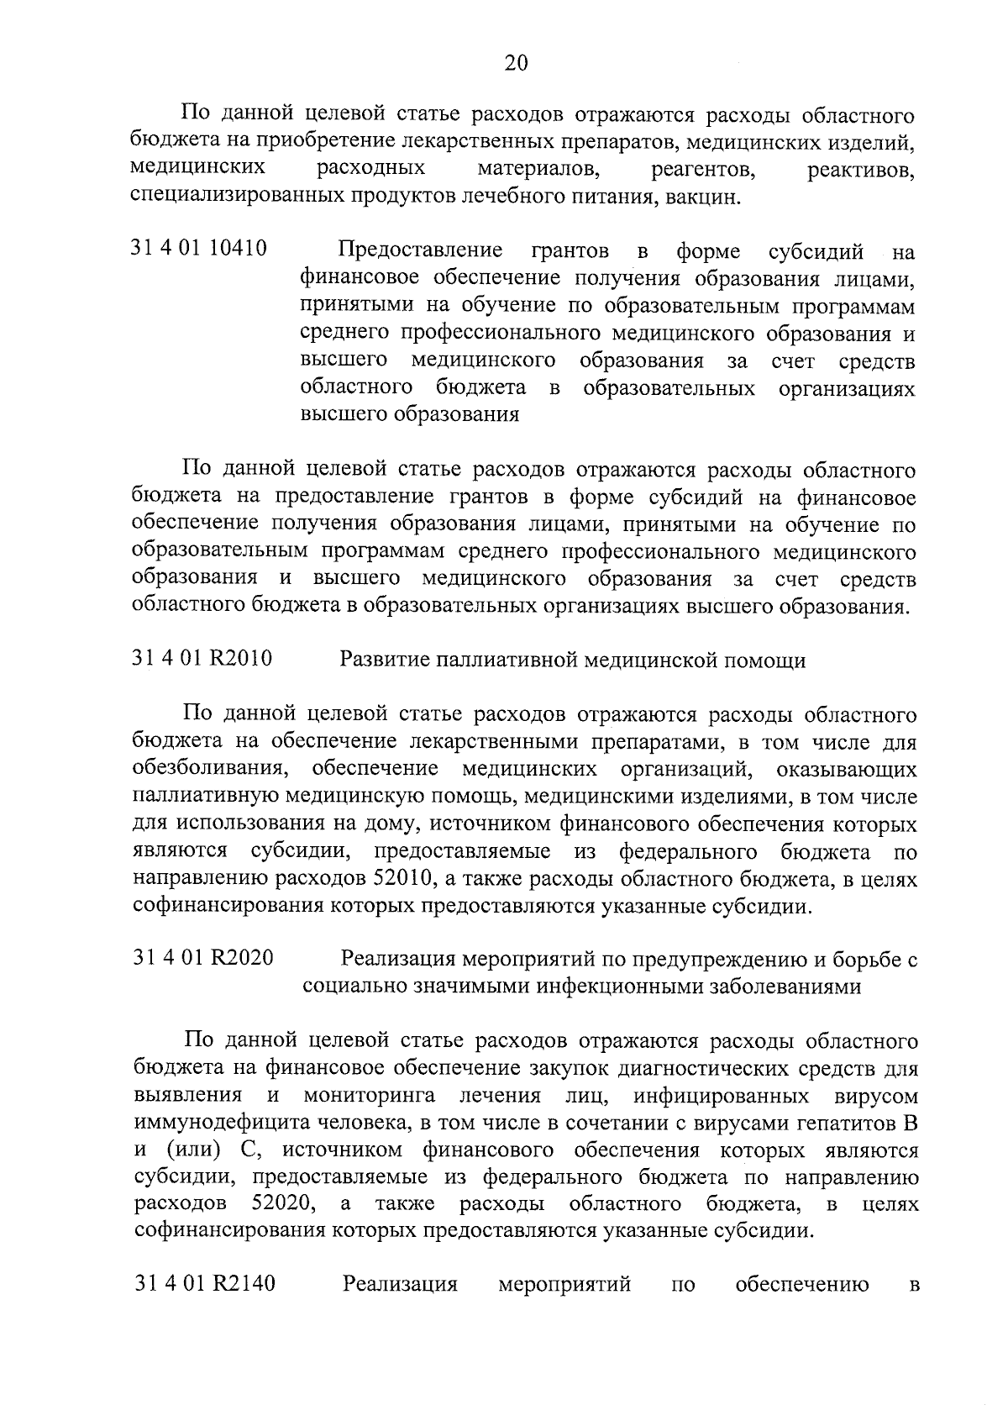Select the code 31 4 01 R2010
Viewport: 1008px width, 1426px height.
(202, 659)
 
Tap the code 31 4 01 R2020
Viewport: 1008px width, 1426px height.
(202, 958)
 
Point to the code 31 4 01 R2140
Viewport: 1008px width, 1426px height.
(204, 1284)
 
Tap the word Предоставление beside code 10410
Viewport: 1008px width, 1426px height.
(421, 250)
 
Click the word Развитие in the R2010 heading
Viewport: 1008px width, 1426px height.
(378, 660)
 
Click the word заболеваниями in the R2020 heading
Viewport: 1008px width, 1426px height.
(781, 987)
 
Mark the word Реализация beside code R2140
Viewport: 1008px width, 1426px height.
(400, 1285)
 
